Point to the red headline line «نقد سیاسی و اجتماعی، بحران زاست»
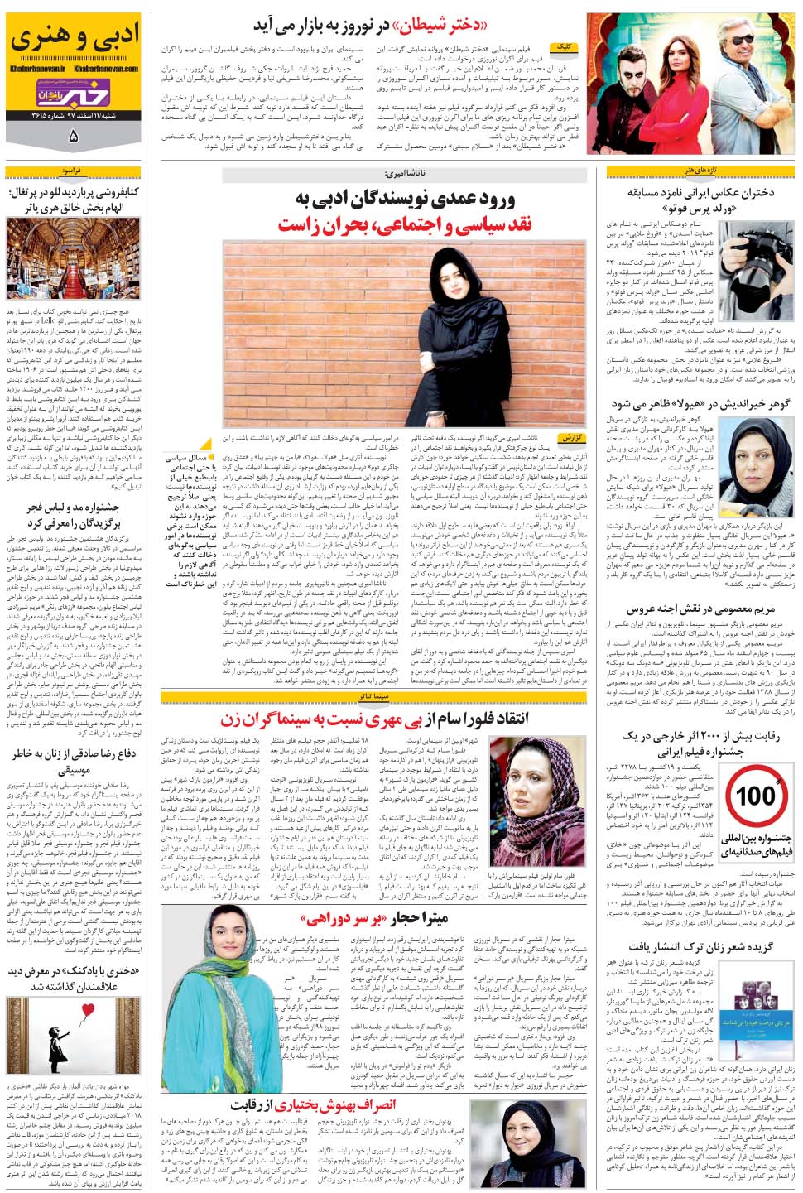pyautogui.click(x=406, y=224)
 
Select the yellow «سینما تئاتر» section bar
pyautogui.click(x=373, y=698)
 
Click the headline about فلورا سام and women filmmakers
pyautogui.click(x=374, y=718)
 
